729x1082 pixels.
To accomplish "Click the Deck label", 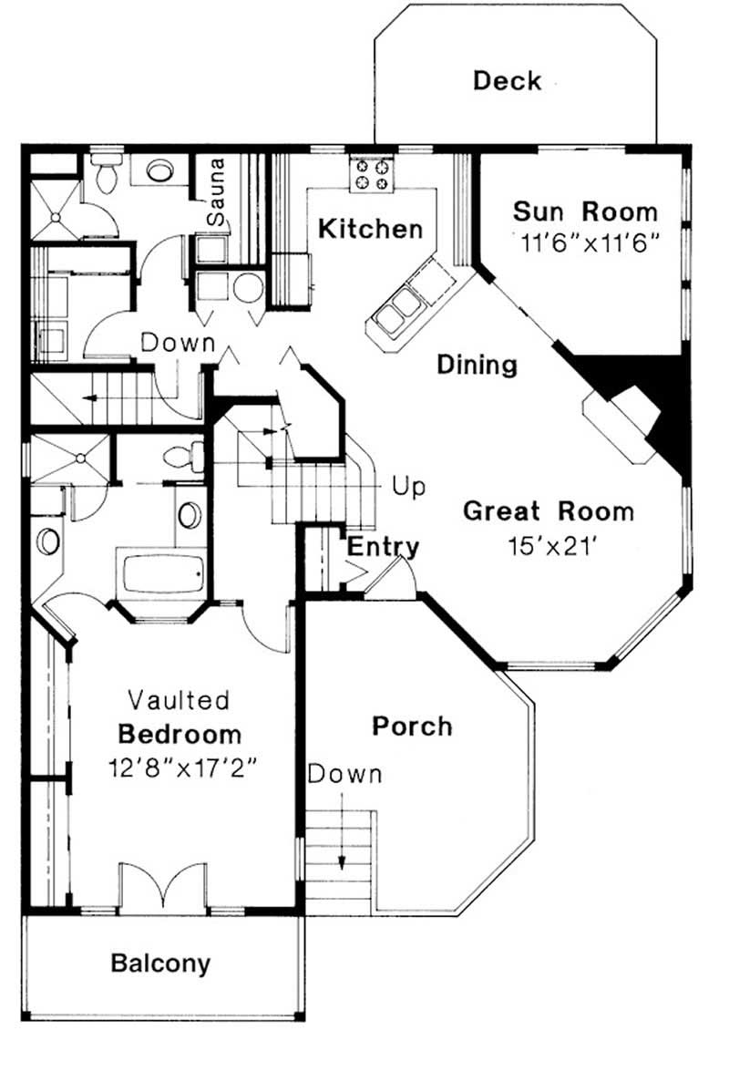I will [x=507, y=81].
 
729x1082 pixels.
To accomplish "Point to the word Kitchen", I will [x=370, y=229].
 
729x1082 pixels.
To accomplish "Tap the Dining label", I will [x=477, y=366].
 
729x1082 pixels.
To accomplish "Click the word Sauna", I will [x=216, y=202].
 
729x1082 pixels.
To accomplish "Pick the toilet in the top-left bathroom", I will [x=107, y=173].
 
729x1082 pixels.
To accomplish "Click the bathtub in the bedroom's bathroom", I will [x=161, y=572].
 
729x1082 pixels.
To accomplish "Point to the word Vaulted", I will [x=179, y=700].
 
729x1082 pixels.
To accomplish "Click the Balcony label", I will [x=160, y=963].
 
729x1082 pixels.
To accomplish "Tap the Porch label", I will [x=412, y=726].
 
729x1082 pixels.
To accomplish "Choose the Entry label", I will [x=384, y=547].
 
